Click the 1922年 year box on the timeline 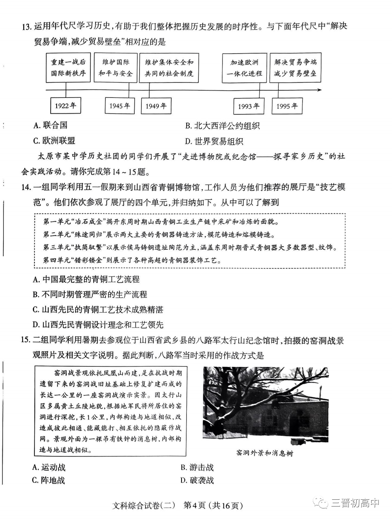[66, 105]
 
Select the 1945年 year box [120, 106]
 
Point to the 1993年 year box [249, 106]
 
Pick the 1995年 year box [287, 106]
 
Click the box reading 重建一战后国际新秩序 [68, 68]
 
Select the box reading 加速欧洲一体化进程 [244, 68]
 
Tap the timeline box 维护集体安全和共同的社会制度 [169, 68]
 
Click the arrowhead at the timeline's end [319, 90]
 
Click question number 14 [26, 188]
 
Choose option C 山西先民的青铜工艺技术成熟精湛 [98, 309]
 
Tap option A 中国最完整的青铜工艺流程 [86, 279]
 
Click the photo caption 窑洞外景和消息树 [265, 453]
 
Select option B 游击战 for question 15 [197, 467]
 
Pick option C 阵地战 [48, 480]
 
